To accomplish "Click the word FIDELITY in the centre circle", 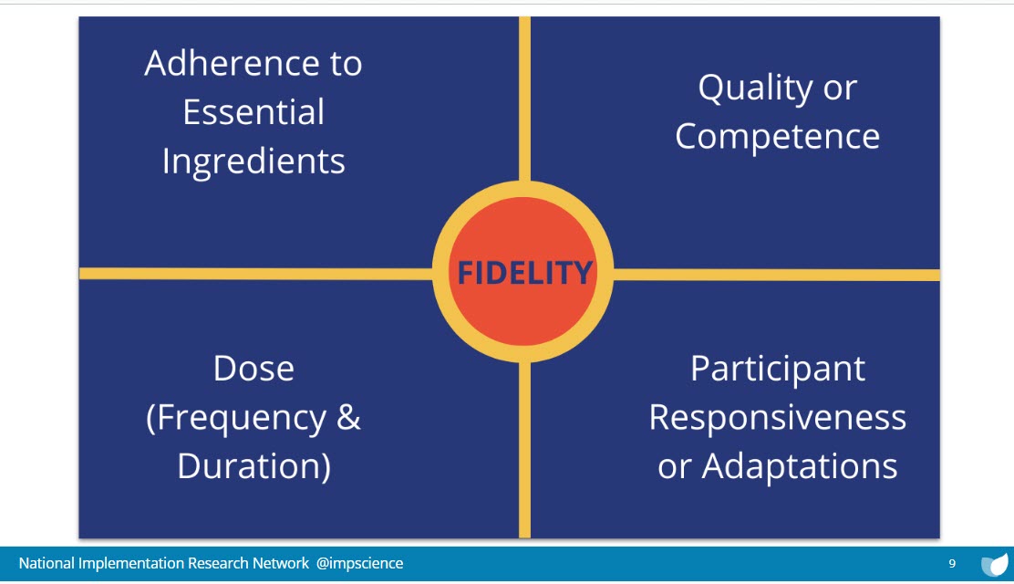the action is click(524, 273).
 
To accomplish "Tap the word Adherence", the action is click(231, 63).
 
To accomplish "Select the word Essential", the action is click(253, 112).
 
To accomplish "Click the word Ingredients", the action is click(253, 162).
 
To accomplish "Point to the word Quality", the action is click(755, 88).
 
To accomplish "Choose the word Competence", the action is click(777, 137).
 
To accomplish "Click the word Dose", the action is click(253, 369).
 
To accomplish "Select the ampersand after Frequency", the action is click(348, 418).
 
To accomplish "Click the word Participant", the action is click(777, 370).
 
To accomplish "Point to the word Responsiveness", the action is click(777, 418).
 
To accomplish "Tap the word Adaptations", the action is click(800, 467).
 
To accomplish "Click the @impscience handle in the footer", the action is click(359, 563).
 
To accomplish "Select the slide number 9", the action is click(952, 563).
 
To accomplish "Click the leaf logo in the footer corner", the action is click(995, 564).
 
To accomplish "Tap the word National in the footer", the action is click(46, 563).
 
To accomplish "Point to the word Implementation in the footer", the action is click(130, 564).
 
